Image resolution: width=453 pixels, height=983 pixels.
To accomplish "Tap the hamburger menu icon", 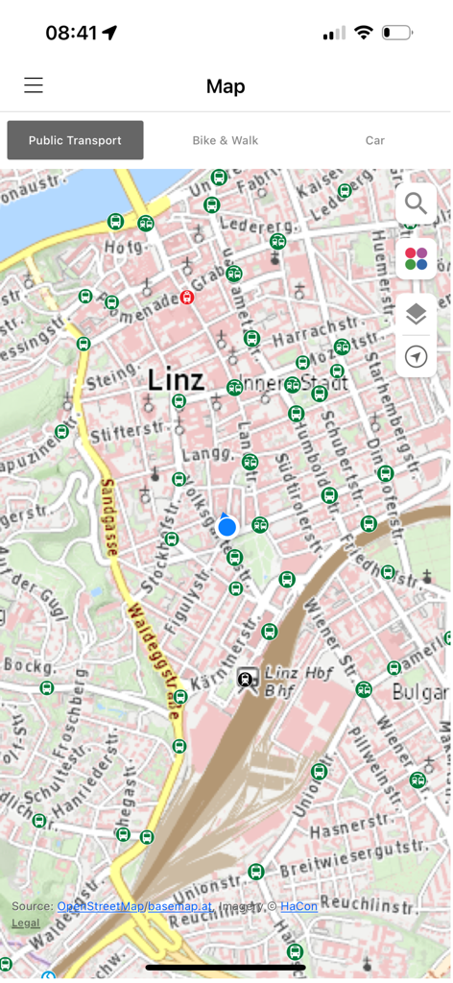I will (x=34, y=85).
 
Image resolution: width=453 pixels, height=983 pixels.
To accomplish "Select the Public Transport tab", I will (x=75, y=140).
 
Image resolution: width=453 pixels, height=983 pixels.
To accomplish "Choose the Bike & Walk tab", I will (x=226, y=140).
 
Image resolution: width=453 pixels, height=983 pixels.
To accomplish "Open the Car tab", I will (x=375, y=140).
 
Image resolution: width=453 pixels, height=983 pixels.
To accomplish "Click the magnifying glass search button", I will (x=416, y=204).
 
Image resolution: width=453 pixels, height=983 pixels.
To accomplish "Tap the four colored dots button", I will (x=416, y=258).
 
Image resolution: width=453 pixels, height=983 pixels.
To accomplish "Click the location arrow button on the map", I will (x=416, y=357).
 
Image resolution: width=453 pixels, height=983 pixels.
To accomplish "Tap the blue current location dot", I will (x=226, y=527).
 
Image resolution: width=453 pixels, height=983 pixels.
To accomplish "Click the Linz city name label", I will (x=177, y=379).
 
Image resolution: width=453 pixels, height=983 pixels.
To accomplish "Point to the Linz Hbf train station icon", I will (x=247, y=679).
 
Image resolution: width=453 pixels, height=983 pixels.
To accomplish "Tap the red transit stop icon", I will (x=187, y=298).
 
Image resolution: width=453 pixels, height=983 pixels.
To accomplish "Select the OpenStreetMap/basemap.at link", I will (x=134, y=906).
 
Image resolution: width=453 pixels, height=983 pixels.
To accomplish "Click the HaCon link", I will (x=298, y=906).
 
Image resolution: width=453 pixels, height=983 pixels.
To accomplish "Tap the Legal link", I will (x=26, y=923).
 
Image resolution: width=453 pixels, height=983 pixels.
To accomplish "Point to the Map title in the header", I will (x=226, y=86).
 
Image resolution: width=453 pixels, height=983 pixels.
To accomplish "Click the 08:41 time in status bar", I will (x=72, y=33).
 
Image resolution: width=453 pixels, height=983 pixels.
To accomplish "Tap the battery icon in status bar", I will (x=396, y=33).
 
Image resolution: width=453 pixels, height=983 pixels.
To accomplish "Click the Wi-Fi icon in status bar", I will (x=363, y=33).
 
